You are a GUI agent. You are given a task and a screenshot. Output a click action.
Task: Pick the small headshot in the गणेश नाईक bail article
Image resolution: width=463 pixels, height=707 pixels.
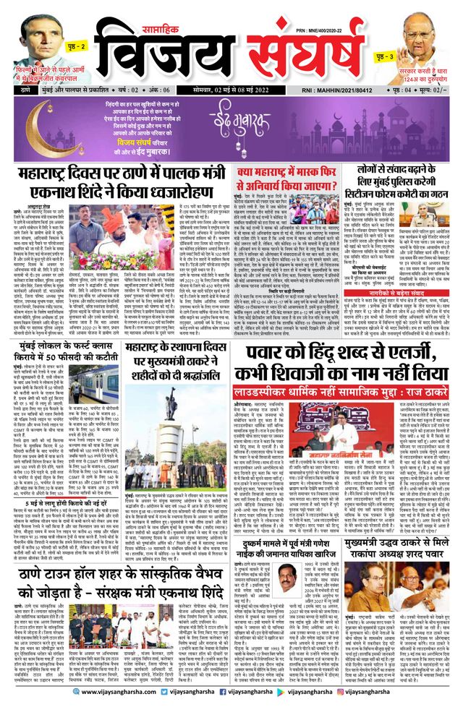[x=284, y=578]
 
